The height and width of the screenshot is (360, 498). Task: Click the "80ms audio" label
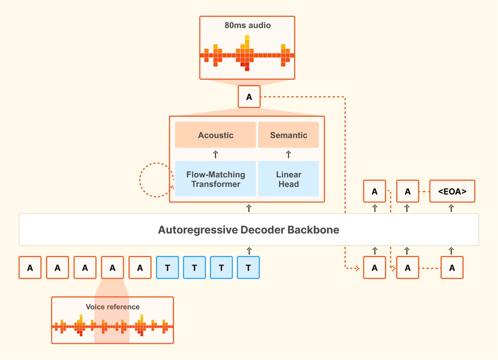click(247, 26)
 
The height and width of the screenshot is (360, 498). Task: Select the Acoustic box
click(216, 135)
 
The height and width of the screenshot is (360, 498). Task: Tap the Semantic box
click(288, 135)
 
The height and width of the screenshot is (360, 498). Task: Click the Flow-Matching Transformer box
click(216, 179)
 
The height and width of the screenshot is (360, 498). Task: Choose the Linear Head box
click(288, 179)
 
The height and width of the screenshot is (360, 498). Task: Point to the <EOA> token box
click(452, 191)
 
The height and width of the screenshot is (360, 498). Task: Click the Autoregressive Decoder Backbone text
click(249, 230)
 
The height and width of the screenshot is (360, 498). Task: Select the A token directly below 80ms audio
click(249, 97)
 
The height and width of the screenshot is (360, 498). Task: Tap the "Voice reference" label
click(112, 307)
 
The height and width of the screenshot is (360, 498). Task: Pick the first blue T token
click(167, 267)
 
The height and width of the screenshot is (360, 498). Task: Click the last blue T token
click(248, 267)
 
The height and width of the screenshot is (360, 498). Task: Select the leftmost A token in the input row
click(30, 267)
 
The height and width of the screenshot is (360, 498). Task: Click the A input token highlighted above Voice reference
click(112, 267)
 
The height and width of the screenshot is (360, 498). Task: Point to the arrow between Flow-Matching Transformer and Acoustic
click(216, 155)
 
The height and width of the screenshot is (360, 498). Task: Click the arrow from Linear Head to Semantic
click(288, 155)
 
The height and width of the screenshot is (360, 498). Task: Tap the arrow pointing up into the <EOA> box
click(451, 208)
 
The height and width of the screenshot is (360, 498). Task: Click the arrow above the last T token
click(249, 250)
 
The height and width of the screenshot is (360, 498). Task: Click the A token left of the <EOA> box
click(407, 191)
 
